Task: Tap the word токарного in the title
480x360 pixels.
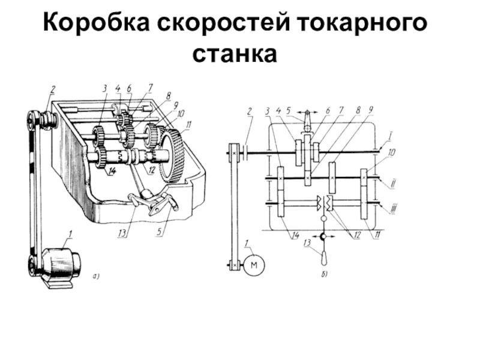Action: click(x=359, y=25)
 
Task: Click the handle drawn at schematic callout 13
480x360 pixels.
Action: click(x=325, y=258)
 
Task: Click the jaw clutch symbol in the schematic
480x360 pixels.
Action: click(x=325, y=203)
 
